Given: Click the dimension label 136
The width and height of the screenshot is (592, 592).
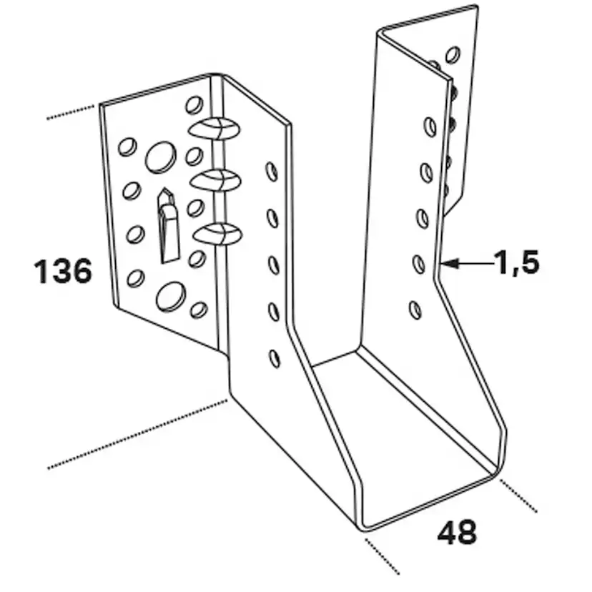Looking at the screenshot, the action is coord(63,271).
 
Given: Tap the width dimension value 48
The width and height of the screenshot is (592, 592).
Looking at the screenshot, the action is coord(457,532).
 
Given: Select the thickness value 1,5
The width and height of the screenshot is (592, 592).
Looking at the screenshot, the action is coord(517,262).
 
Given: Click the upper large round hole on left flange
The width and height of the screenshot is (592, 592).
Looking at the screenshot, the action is coord(161,157).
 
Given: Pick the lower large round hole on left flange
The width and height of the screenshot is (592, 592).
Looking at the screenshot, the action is coord(171,297).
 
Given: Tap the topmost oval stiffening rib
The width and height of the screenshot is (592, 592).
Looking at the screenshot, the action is coord(214,129).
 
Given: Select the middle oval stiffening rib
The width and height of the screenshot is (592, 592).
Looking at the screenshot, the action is coord(216,180).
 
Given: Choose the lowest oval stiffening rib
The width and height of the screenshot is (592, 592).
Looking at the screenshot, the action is coord(218,234).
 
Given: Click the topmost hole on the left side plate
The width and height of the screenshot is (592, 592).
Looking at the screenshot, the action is coord(272,172).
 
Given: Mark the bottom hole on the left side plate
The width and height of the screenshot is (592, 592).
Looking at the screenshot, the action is coord(275,359).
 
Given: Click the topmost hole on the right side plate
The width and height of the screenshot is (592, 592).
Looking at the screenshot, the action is coord(430,127).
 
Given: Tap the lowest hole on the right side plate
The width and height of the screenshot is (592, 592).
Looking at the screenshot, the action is coord(415,310).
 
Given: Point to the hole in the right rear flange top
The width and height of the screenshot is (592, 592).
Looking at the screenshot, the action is coord(453,55).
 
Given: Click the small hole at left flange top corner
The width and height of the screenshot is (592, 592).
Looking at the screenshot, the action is coord(194,105).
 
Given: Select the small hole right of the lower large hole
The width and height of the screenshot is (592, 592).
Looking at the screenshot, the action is coord(199,310).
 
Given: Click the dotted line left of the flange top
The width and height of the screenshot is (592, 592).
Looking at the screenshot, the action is coord(71,113).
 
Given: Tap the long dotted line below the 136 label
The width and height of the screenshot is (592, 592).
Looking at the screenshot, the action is coord(137,434).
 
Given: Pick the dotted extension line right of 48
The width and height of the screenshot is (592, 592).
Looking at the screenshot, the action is coord(519,495).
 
